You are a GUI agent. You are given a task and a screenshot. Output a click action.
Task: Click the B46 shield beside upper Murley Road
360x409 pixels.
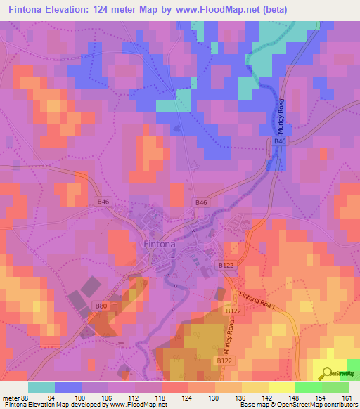[280, 142]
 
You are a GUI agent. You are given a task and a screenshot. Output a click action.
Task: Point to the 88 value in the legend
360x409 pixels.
[27, 398]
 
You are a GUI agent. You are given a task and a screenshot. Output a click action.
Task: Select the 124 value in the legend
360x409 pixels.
[186, 398]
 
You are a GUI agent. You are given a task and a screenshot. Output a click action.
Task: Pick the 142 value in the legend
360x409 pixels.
[266, 398]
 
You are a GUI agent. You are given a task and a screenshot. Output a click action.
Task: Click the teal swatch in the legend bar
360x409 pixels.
[41, 387]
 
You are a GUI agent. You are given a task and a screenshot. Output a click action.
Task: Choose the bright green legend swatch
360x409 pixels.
[308, 387]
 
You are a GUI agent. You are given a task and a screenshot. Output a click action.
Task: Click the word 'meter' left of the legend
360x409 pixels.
[11, 398]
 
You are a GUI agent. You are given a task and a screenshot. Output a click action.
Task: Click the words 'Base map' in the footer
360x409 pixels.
[252, 405]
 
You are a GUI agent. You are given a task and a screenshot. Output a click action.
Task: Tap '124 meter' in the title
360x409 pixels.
[114, 9]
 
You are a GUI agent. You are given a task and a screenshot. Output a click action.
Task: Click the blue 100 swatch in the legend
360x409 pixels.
[68, 387]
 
